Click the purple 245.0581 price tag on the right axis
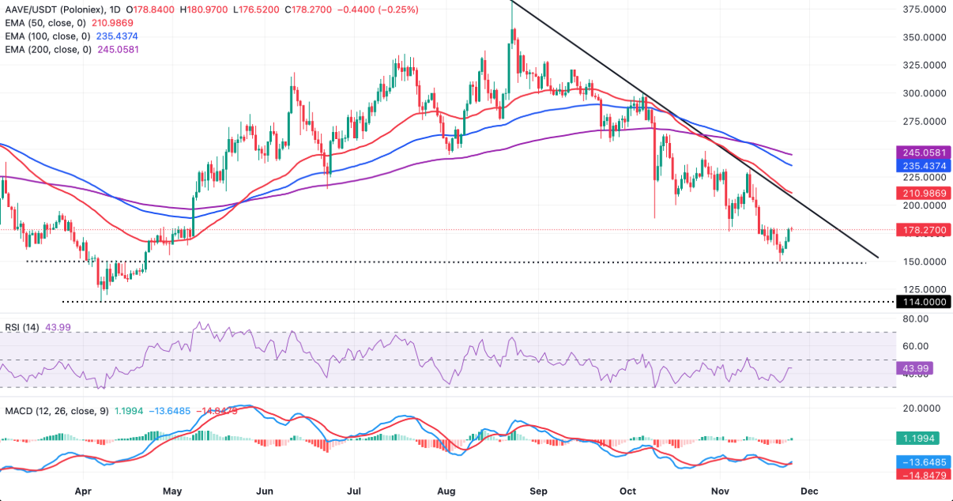tap(922, 153)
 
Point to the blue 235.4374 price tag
tap(922, 166)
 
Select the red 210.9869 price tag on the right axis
tap(922, 194)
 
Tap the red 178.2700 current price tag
tap(922, 230)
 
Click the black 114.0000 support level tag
tap(922, 302)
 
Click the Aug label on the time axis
tap(447, 490)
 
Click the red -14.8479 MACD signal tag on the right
tap(922, 475)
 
